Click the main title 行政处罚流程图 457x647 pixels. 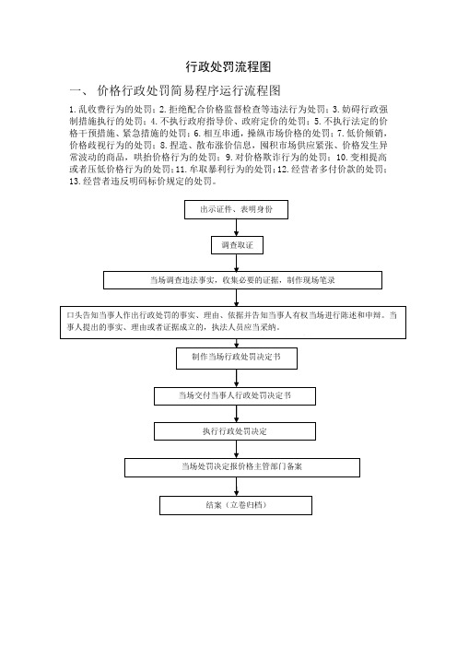coord(228,67)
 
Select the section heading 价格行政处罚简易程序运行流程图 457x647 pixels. coord(189,90)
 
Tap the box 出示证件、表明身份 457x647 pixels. coord(236,209)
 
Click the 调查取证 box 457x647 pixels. coord(237,245)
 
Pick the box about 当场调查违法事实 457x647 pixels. coord(242,280)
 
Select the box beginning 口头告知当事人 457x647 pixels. coord(233,323)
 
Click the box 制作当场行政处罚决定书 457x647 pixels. coord(237,359)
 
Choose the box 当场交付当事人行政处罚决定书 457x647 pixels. coord(235,396)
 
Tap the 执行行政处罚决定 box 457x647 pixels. coord(235,431)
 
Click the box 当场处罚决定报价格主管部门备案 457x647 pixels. coord(242,467)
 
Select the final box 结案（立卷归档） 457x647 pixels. coord(236,505)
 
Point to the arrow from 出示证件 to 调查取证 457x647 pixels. coord(237,228)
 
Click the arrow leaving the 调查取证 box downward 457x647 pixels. coord(237,263)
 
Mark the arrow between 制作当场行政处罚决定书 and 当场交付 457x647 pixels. coord(237,378)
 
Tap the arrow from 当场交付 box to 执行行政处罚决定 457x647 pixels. coord(237,414)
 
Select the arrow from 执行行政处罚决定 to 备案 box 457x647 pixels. coord(237,449)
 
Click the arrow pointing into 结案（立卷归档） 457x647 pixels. coord(237,487)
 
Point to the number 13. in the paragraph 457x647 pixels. coord(75,182)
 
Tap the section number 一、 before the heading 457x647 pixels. coord(79,90)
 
